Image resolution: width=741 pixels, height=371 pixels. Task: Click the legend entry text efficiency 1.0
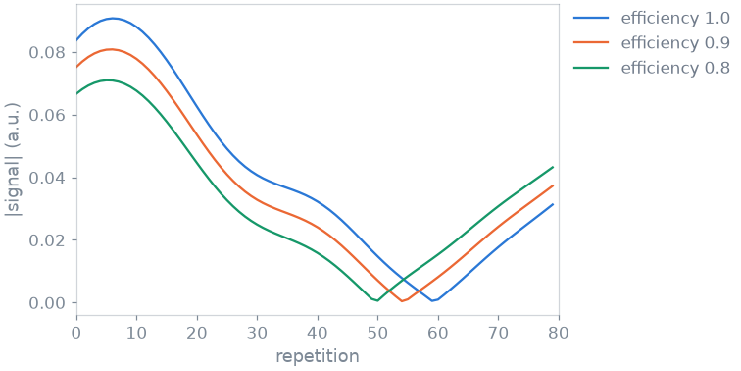pyautogui.click(x=675, y=19)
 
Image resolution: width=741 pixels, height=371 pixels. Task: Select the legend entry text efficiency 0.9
pyautogui.click(x=675, y=43)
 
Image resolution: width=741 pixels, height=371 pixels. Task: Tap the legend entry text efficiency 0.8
pyautogui.click(x=675, y=68)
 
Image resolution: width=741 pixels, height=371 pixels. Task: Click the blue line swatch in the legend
pyautogui.click(x=591, y=19)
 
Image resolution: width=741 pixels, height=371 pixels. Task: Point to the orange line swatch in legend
pyautogui.click(x=591, y=43)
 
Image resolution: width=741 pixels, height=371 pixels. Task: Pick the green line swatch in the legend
pyautogui.click(x=591, y=68)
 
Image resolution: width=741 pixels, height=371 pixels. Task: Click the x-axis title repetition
pyautogui.click(x=318, y=356)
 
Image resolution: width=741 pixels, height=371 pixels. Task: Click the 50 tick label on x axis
pyautogui.click(x=378, y=333)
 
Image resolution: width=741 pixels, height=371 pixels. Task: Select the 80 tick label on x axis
pyautogui.click(x=559, y=333)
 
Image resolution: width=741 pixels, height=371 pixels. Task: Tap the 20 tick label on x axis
pyautogui.click(x=197, y=333)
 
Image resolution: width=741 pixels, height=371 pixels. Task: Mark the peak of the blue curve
pyautogui.click(x=114, y=18)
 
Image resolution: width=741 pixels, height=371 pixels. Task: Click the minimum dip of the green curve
pyautogui.click(x=377, y=300)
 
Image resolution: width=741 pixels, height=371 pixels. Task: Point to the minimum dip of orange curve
pyautogui.click(x=402, y=301)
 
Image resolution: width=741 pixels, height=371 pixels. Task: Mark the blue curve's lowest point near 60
pyautogui.click(x=432, y=300)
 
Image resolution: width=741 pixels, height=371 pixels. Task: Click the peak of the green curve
pyautogui.click(x=108, y=79)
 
